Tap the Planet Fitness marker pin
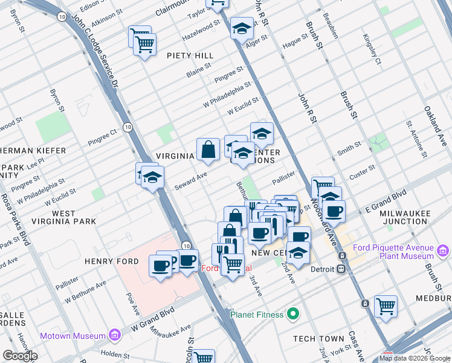[x=294, y=314]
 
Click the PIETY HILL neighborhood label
[x=190, y=56]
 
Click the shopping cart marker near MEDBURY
[x=386, y=306]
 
